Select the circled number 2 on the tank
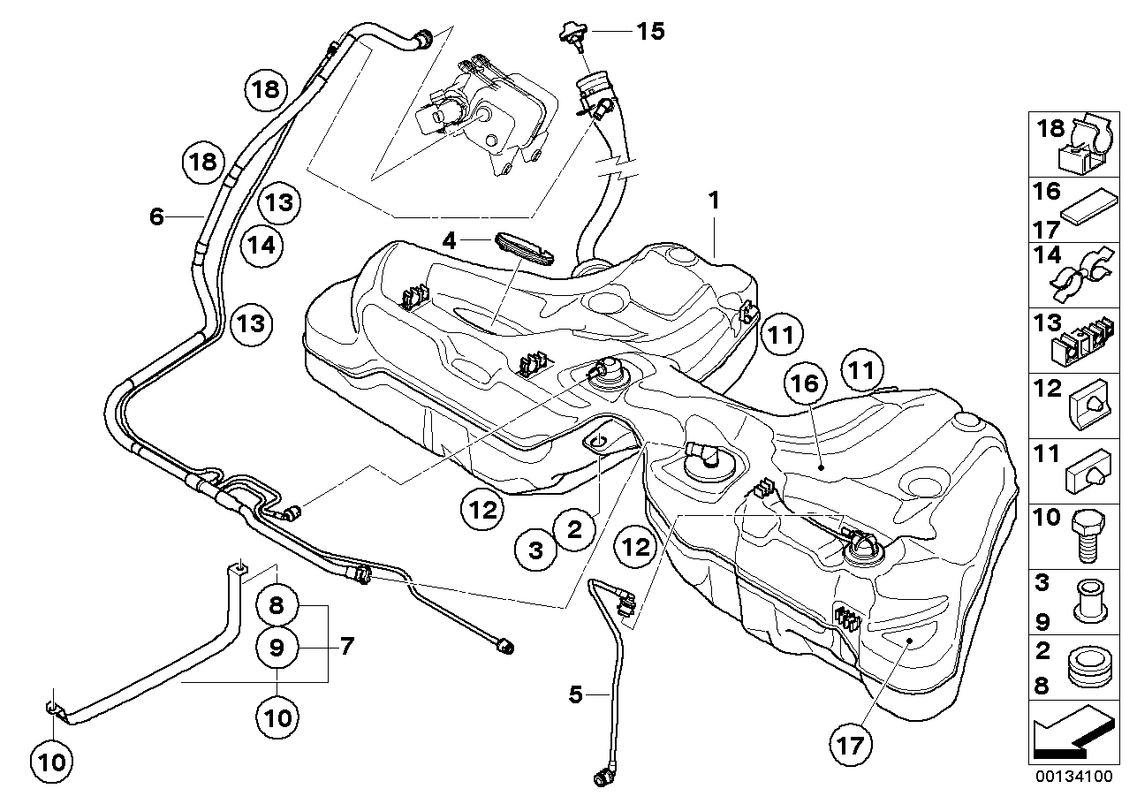click(574, 529)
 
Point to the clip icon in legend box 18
click(1085, 144)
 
